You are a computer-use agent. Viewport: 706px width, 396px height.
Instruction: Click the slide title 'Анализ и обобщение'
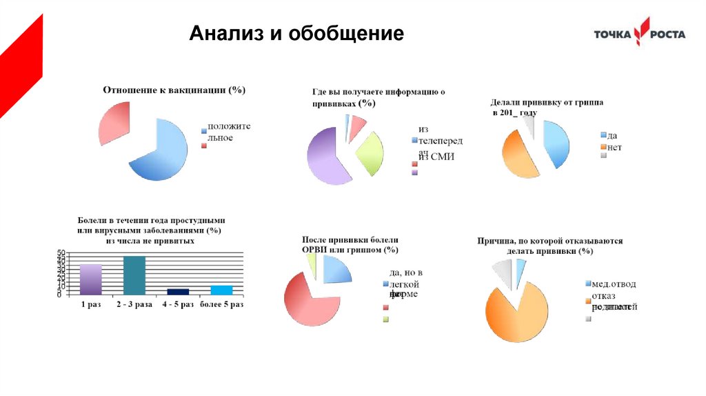coord(296,34)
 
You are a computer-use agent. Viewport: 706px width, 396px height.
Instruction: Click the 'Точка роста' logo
coord(640,34)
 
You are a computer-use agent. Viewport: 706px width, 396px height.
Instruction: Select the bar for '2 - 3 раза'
coord(134,275)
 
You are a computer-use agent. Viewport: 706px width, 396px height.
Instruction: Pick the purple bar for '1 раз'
coord(90,279)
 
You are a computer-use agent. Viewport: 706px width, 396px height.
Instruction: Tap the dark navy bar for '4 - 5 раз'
coord(178,291)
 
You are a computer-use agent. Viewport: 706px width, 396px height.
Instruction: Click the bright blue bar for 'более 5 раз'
coord(221,290)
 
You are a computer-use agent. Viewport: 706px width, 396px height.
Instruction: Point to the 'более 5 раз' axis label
coord(221,304)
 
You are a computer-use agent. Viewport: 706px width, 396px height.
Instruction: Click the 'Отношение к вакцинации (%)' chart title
coord(174,90)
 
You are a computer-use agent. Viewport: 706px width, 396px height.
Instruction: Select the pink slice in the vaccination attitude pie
coord(113,122)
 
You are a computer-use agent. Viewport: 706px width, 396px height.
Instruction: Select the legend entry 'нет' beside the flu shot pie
coord(615,147)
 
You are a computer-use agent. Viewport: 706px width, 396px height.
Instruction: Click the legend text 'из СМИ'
coord(436,157)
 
